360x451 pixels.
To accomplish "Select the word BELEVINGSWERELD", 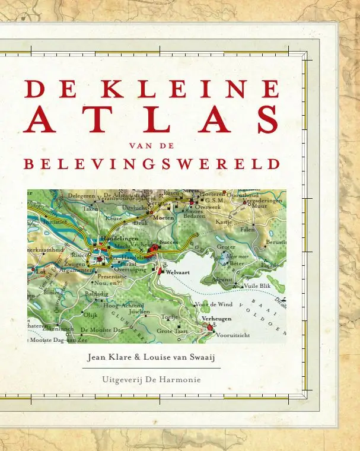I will [x=151, y=163].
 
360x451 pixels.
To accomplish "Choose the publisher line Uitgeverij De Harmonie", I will [x=152, y=379].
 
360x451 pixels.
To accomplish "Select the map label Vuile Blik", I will [x=257, y=285].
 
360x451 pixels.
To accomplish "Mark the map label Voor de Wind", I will [x=214, y=304].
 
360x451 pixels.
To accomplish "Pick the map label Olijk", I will [x=91, y=315].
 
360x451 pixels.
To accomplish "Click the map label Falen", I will [x=247, y=229].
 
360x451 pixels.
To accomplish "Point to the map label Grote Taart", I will [x=172, y=331].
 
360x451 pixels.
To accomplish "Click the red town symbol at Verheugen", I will [x=208, y=327].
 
